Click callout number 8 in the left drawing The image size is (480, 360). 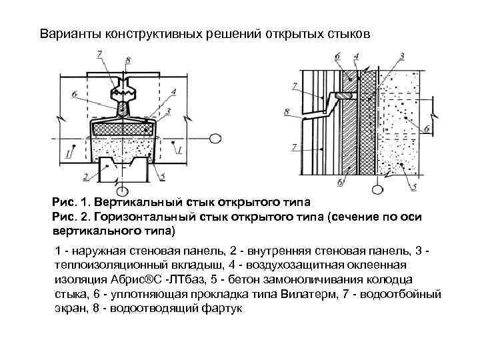click(x=128, y=61)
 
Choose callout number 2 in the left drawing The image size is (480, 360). click(x=86, y=177)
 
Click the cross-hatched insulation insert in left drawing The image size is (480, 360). click(x=123, y=127)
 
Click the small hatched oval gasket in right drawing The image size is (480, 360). click(x=345, y=97)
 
